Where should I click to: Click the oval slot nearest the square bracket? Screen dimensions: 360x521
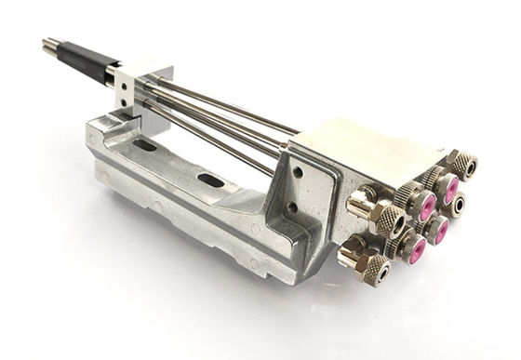145,146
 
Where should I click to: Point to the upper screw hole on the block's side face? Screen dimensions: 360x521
297,171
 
